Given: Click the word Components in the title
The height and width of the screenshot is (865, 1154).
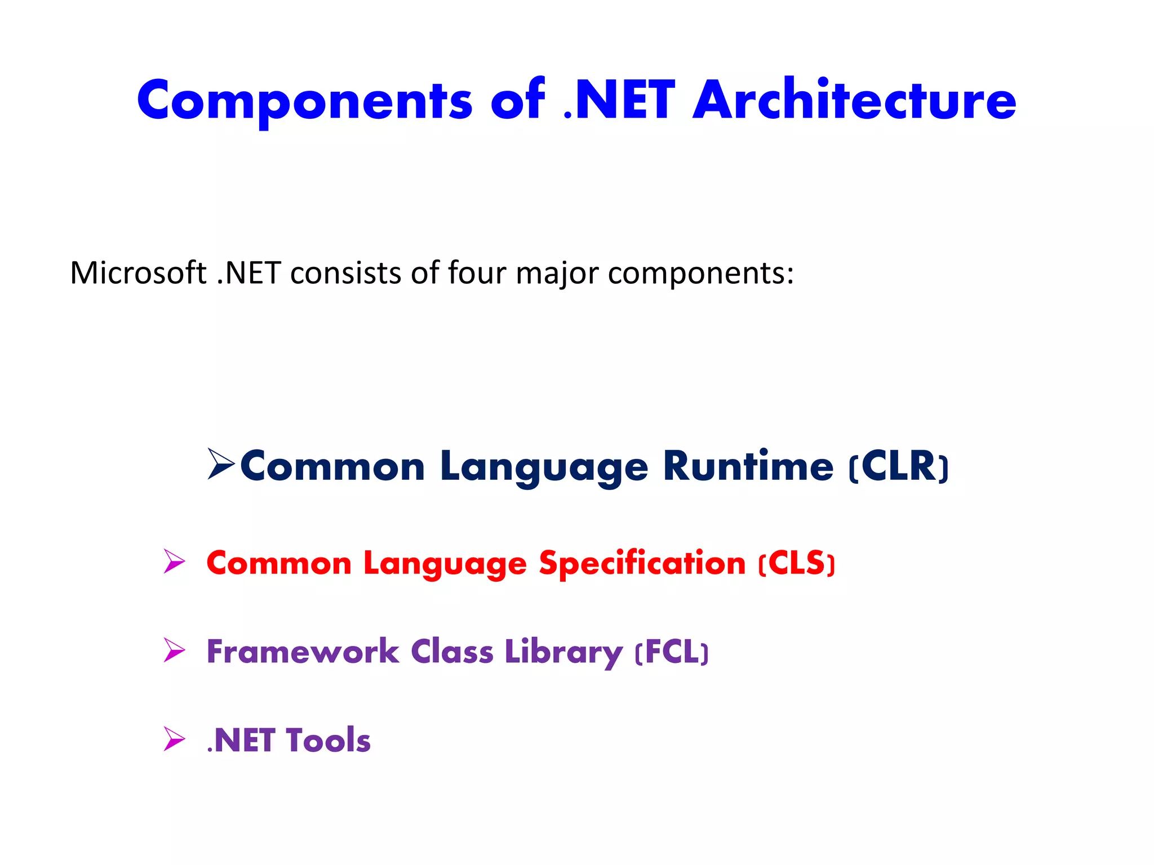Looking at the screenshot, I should tap(304, 101).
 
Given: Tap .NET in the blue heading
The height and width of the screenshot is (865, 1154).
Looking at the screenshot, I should tap(619, 101).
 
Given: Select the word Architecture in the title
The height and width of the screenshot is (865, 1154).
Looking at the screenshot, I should tap(854, 101).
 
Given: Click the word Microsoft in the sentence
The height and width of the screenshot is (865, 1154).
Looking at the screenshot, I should tap(138, 273).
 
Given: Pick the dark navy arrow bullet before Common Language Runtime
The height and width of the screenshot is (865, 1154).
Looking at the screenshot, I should tap(221, 464).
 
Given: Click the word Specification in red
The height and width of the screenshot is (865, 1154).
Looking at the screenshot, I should tap(642, 563).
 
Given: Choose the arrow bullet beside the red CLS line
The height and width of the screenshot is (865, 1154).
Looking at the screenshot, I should tap(174, 561).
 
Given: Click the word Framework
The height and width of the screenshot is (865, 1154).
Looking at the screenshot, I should tap(303, 652).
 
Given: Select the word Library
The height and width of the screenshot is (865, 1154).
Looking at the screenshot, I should tap(564, 653).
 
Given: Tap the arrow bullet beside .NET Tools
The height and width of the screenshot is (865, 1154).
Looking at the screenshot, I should tap(174, 738).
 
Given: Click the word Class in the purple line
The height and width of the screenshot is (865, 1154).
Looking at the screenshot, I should tap(452, 652).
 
